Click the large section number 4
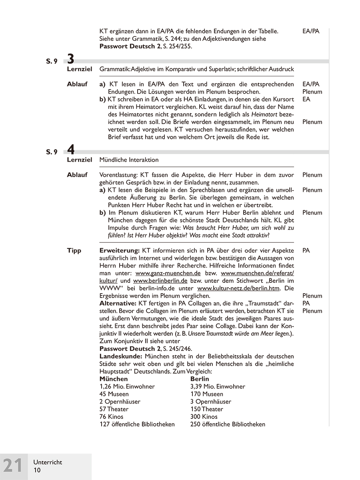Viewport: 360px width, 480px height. (71, 150)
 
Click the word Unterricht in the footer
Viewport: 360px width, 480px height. (48, 462)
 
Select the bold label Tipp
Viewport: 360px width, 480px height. (74, 251)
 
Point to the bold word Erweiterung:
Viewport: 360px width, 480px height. (119, 251)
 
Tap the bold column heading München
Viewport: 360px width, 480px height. (114, 379)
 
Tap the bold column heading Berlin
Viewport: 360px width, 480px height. (200, 379)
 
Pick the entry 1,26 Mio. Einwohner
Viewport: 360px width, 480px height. (127, 386)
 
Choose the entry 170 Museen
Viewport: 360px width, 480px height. (207, 394)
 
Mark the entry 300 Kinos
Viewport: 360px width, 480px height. (204, 417)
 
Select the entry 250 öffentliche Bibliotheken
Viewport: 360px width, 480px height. (228, 424)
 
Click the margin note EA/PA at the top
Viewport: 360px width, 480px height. (311, 31)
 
